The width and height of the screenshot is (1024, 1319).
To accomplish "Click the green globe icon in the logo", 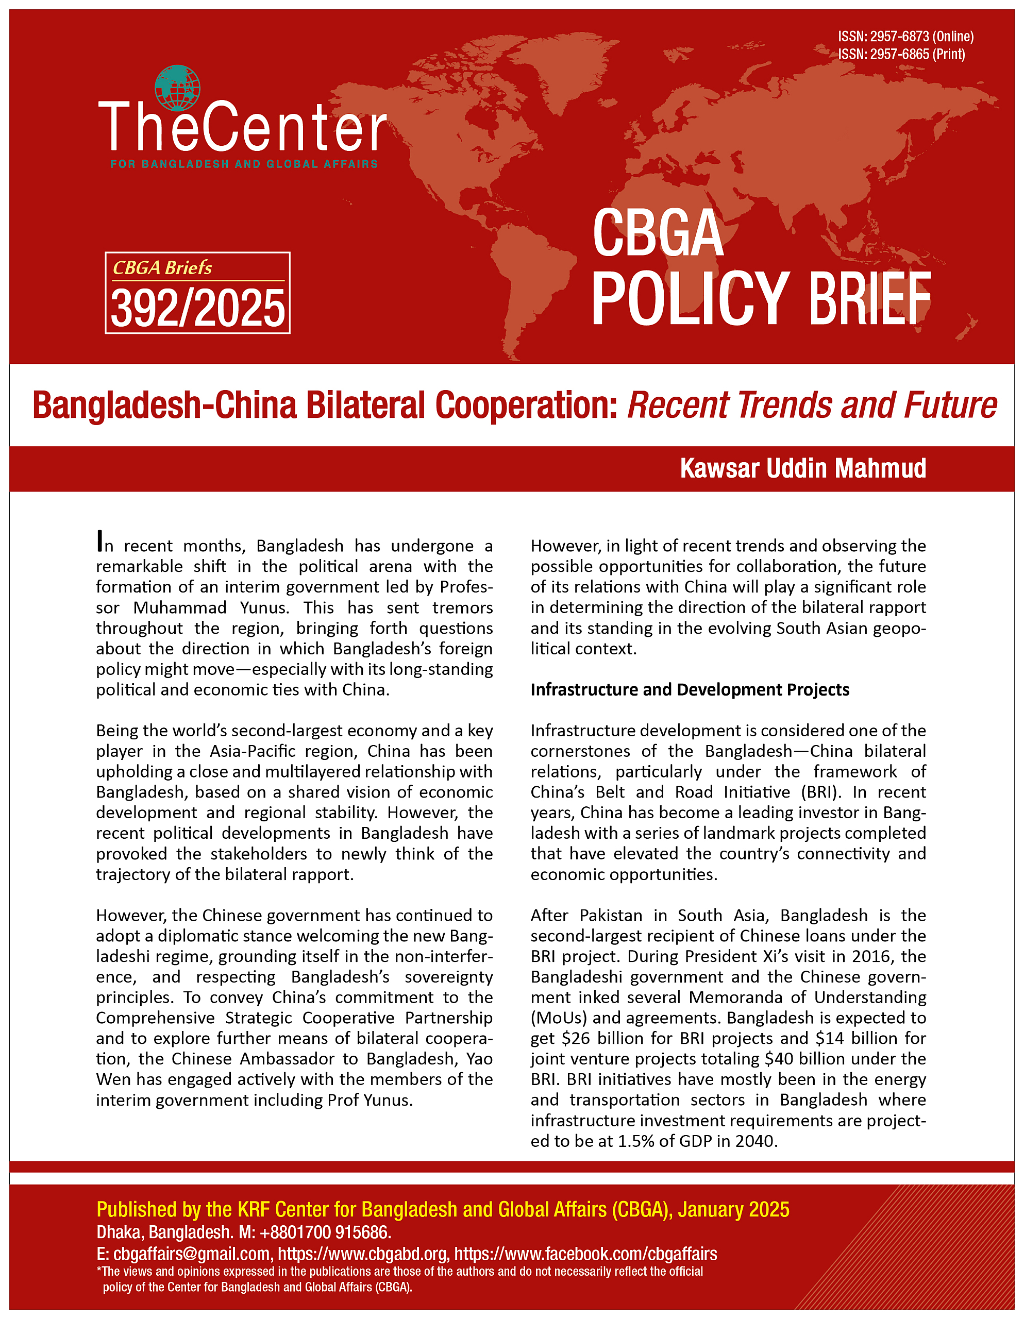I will tap(177, 88).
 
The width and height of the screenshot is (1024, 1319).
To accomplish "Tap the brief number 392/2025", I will tap(197, 308).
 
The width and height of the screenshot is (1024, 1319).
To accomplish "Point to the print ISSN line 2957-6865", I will tap(901, 54).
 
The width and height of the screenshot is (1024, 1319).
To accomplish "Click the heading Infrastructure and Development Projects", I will tap(690, 690).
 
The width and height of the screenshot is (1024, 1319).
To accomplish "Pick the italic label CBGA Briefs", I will tap(162, 267).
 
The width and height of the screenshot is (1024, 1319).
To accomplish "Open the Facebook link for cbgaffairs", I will tap(585, 1254).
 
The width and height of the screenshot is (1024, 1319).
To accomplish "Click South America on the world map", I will tap(525, 284).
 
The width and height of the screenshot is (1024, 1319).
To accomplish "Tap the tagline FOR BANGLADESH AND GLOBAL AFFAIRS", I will tap(244, 164).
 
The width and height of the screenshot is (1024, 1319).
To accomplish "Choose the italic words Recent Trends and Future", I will tap(811, 405).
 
